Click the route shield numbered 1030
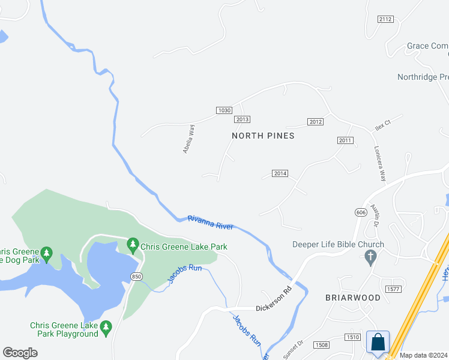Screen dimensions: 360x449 coord(224,110)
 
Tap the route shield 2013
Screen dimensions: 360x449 coord(243,119)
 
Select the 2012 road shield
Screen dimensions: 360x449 coord(316,122)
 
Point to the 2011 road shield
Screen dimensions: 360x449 coord(345,140)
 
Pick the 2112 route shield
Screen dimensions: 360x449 coord(385,19)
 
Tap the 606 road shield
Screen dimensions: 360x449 coord(360,212)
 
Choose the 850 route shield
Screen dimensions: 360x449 coord(137,275)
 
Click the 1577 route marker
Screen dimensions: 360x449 coord(393,289)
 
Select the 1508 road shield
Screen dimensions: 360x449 coord(321,344)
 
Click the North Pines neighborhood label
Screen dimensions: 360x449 coord(263,136)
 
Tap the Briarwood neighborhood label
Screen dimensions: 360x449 coord(353,298)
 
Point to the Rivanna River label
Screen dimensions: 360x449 coord(210,222)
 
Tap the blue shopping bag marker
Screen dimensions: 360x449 coord(378,342)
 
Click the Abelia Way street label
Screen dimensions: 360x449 coord(188,139)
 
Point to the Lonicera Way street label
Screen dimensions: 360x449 coord(380,163)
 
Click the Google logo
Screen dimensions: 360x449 coord(20,353)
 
